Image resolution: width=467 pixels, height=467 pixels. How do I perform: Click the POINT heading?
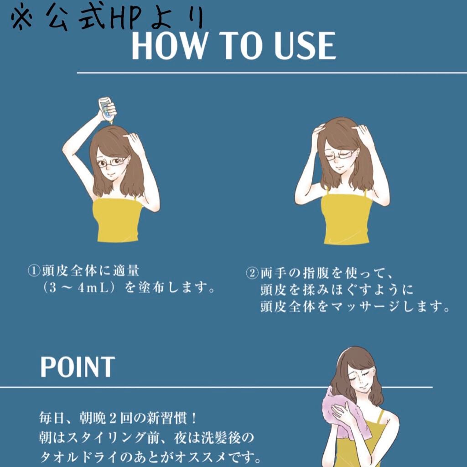click(78, 367)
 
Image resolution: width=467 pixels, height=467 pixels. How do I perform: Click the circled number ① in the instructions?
click(34, 271)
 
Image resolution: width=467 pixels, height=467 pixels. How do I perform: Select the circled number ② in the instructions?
click(252, 274)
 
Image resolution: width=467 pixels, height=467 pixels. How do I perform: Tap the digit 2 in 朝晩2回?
click(113, 419)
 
